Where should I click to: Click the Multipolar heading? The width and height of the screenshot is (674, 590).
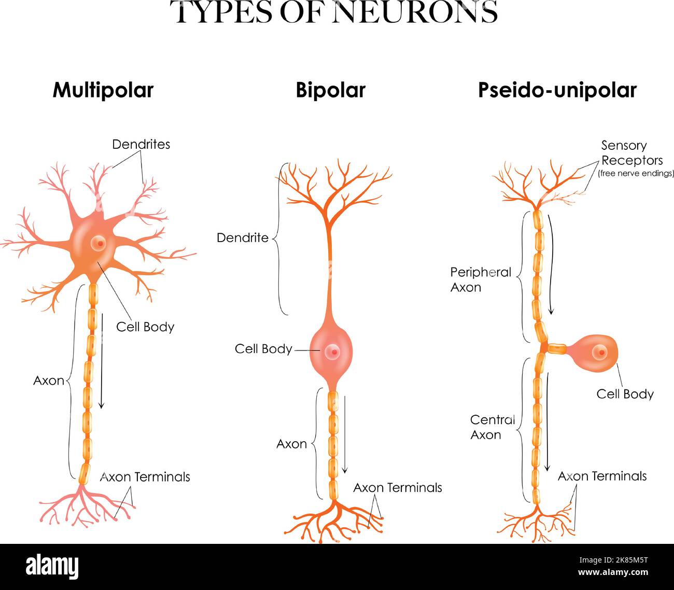click(x=103, y=90)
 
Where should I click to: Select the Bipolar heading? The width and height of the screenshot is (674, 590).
click(x=330, y=90)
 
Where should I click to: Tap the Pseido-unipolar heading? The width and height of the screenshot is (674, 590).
click(x=557, y=90)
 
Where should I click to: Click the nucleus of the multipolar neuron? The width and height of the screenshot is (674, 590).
click(x=97, y=243)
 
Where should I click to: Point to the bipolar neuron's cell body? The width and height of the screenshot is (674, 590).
click(x=331, y=353)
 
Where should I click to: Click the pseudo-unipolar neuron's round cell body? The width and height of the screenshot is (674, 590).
click(x=596, y=353)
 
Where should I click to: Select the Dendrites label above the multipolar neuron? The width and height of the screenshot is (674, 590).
click(x=141, y=144)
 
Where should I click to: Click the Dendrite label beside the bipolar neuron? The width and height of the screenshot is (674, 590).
click(x=243, y=238)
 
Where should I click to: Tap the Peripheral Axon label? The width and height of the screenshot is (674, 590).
click(x=481, y=279)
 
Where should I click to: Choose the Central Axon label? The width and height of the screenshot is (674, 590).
click(x=492, y=427)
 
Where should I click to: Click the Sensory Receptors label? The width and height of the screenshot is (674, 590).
click(x=631, y=153)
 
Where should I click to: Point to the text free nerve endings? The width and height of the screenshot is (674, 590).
click(x=636, y=174)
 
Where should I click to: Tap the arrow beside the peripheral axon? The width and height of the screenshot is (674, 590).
click(x=551, y=264)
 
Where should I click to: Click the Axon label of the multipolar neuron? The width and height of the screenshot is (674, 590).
click(x=49, y=381)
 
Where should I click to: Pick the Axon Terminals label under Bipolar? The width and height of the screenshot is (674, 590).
click(x=398, y=487)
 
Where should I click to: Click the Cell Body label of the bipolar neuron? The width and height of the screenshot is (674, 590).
click(x=263, y=349)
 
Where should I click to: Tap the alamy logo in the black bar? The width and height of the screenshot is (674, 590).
click(x=52, y=567)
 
